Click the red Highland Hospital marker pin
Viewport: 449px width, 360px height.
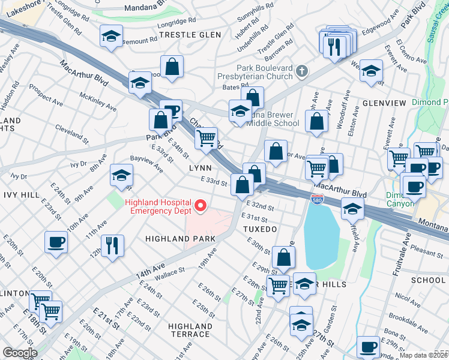(x=200, y=207)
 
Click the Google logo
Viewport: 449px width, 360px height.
(x=21, y=353)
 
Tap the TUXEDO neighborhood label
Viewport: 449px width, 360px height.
(x=260, y=229)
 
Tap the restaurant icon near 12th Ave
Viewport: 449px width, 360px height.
(x=112, y=245)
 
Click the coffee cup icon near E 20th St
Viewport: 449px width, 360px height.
(x=56, y=242)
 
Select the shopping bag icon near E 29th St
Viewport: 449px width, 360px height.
(x=283, y=257)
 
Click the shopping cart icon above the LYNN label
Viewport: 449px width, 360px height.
(x=206, y=138)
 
